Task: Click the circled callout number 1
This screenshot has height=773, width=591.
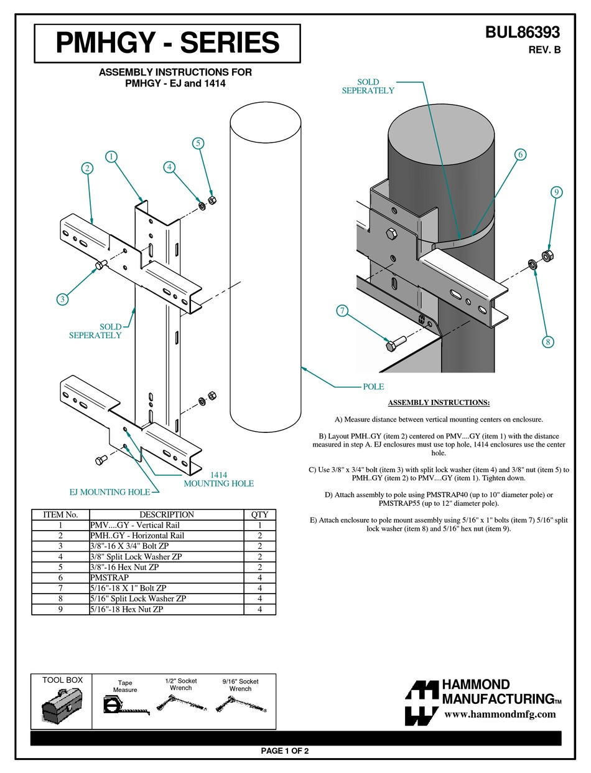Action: [112, 157]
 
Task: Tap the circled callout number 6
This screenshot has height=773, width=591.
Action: [521, 154]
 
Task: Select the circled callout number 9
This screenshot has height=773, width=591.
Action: [557, 192]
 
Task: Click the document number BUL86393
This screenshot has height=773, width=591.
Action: [523, 32]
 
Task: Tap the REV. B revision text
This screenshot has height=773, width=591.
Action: [544, 50]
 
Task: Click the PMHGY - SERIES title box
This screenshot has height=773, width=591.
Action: [167, 43]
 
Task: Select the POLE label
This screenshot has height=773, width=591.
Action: [373, 387]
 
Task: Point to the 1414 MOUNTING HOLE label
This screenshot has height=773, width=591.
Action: [218, 478]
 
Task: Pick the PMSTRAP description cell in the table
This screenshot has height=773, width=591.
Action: [109, 577]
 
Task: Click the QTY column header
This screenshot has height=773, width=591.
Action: [259, 515]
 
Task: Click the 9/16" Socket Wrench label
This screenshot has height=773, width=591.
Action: [240, 685]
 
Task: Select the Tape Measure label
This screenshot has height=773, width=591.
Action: [125, 686]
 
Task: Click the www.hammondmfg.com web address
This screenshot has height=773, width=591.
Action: [500, 714]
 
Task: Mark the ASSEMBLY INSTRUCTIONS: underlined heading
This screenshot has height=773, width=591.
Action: [439, 403]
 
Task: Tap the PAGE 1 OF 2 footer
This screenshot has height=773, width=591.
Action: [285, 751]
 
